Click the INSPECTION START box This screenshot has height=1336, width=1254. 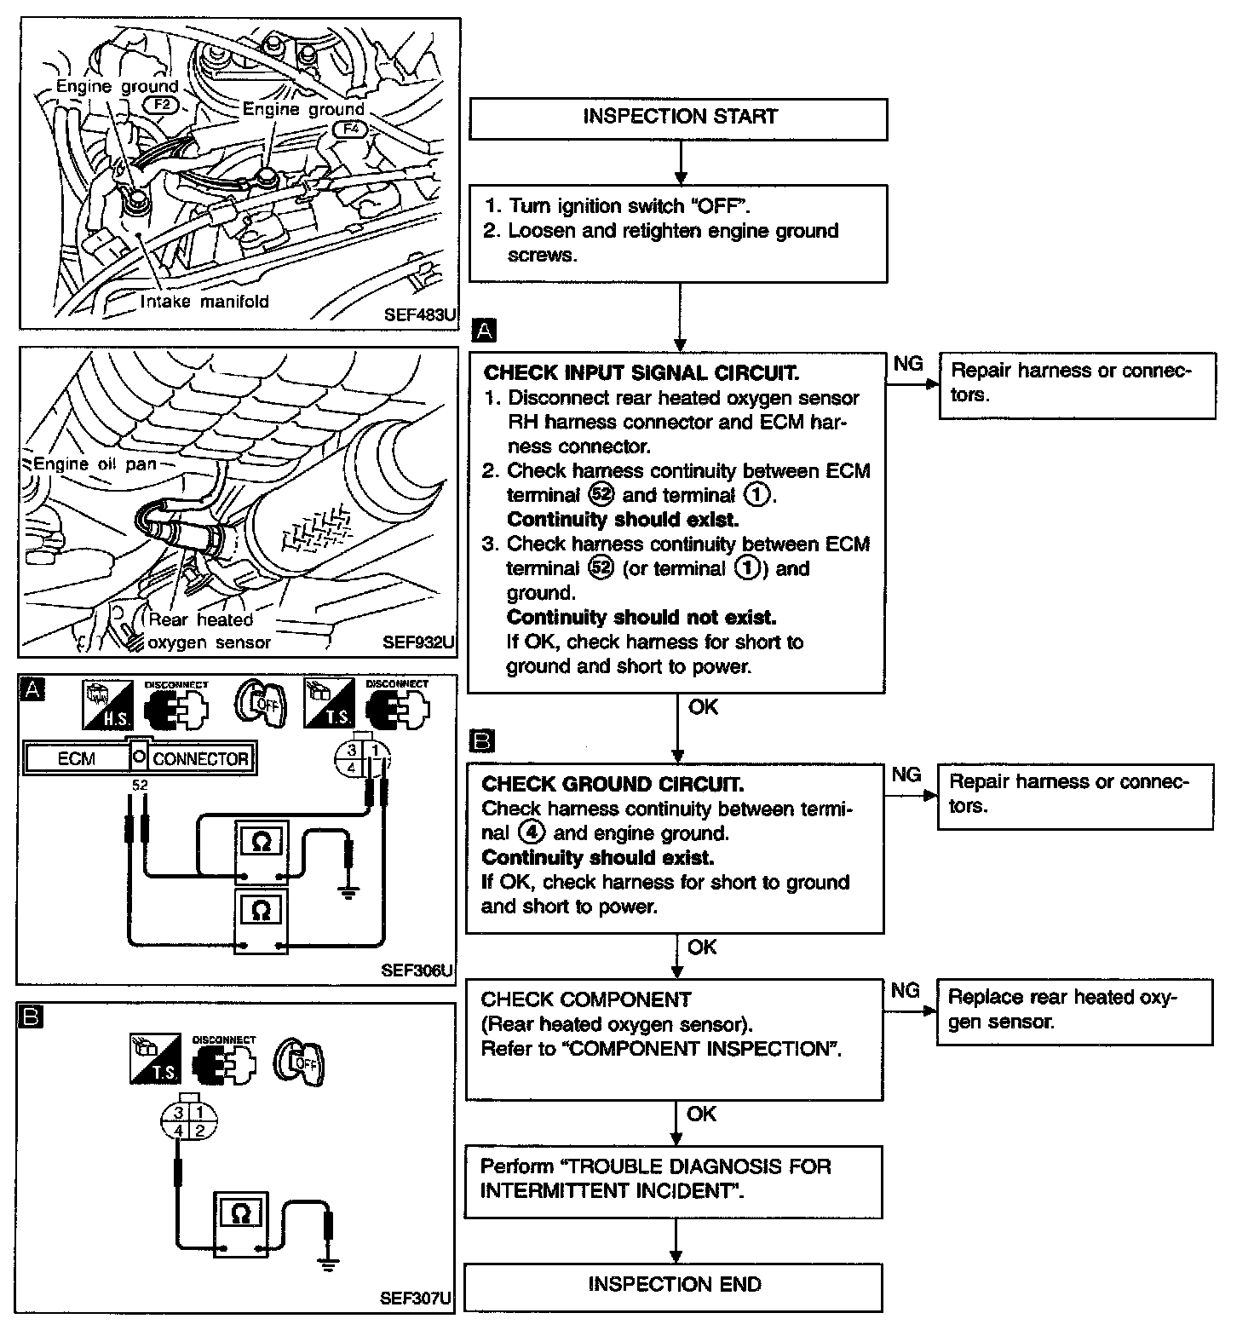[678, 118]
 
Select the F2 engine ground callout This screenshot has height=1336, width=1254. [163, 105]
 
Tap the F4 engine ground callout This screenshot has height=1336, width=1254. [349, 129]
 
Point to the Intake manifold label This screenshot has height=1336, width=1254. [204, 302]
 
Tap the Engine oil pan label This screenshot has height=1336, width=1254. [95, 464]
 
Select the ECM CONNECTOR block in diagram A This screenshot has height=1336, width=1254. [140, 757]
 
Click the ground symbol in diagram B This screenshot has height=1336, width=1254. [327, 1265]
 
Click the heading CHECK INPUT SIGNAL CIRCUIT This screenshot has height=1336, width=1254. [641, 373]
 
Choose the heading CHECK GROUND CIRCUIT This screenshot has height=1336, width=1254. [612, 784]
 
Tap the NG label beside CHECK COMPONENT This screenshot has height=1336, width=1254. [905, 991]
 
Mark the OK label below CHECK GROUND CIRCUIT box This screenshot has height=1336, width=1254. [702, 947]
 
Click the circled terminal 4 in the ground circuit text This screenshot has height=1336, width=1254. [537, 833]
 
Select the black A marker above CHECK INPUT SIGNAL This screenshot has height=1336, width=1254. [483, 331]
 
